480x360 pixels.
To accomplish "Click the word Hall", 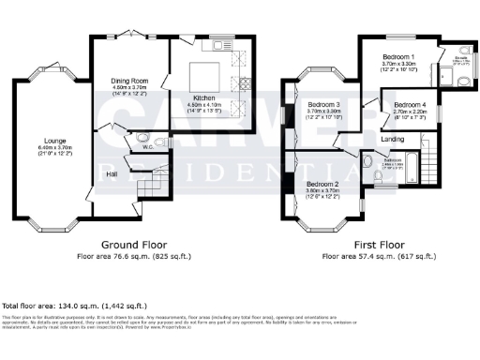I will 111,173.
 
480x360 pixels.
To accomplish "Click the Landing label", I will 393,139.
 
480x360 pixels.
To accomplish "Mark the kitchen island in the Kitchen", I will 205,75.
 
